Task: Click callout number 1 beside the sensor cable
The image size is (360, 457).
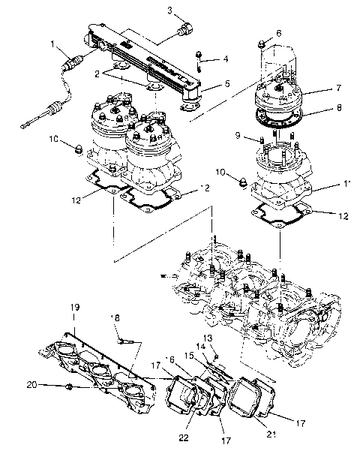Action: coord(53,44)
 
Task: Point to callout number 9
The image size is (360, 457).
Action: coord(238,136)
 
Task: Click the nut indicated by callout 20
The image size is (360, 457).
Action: coord(69,387)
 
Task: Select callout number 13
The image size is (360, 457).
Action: coord(208,338)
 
